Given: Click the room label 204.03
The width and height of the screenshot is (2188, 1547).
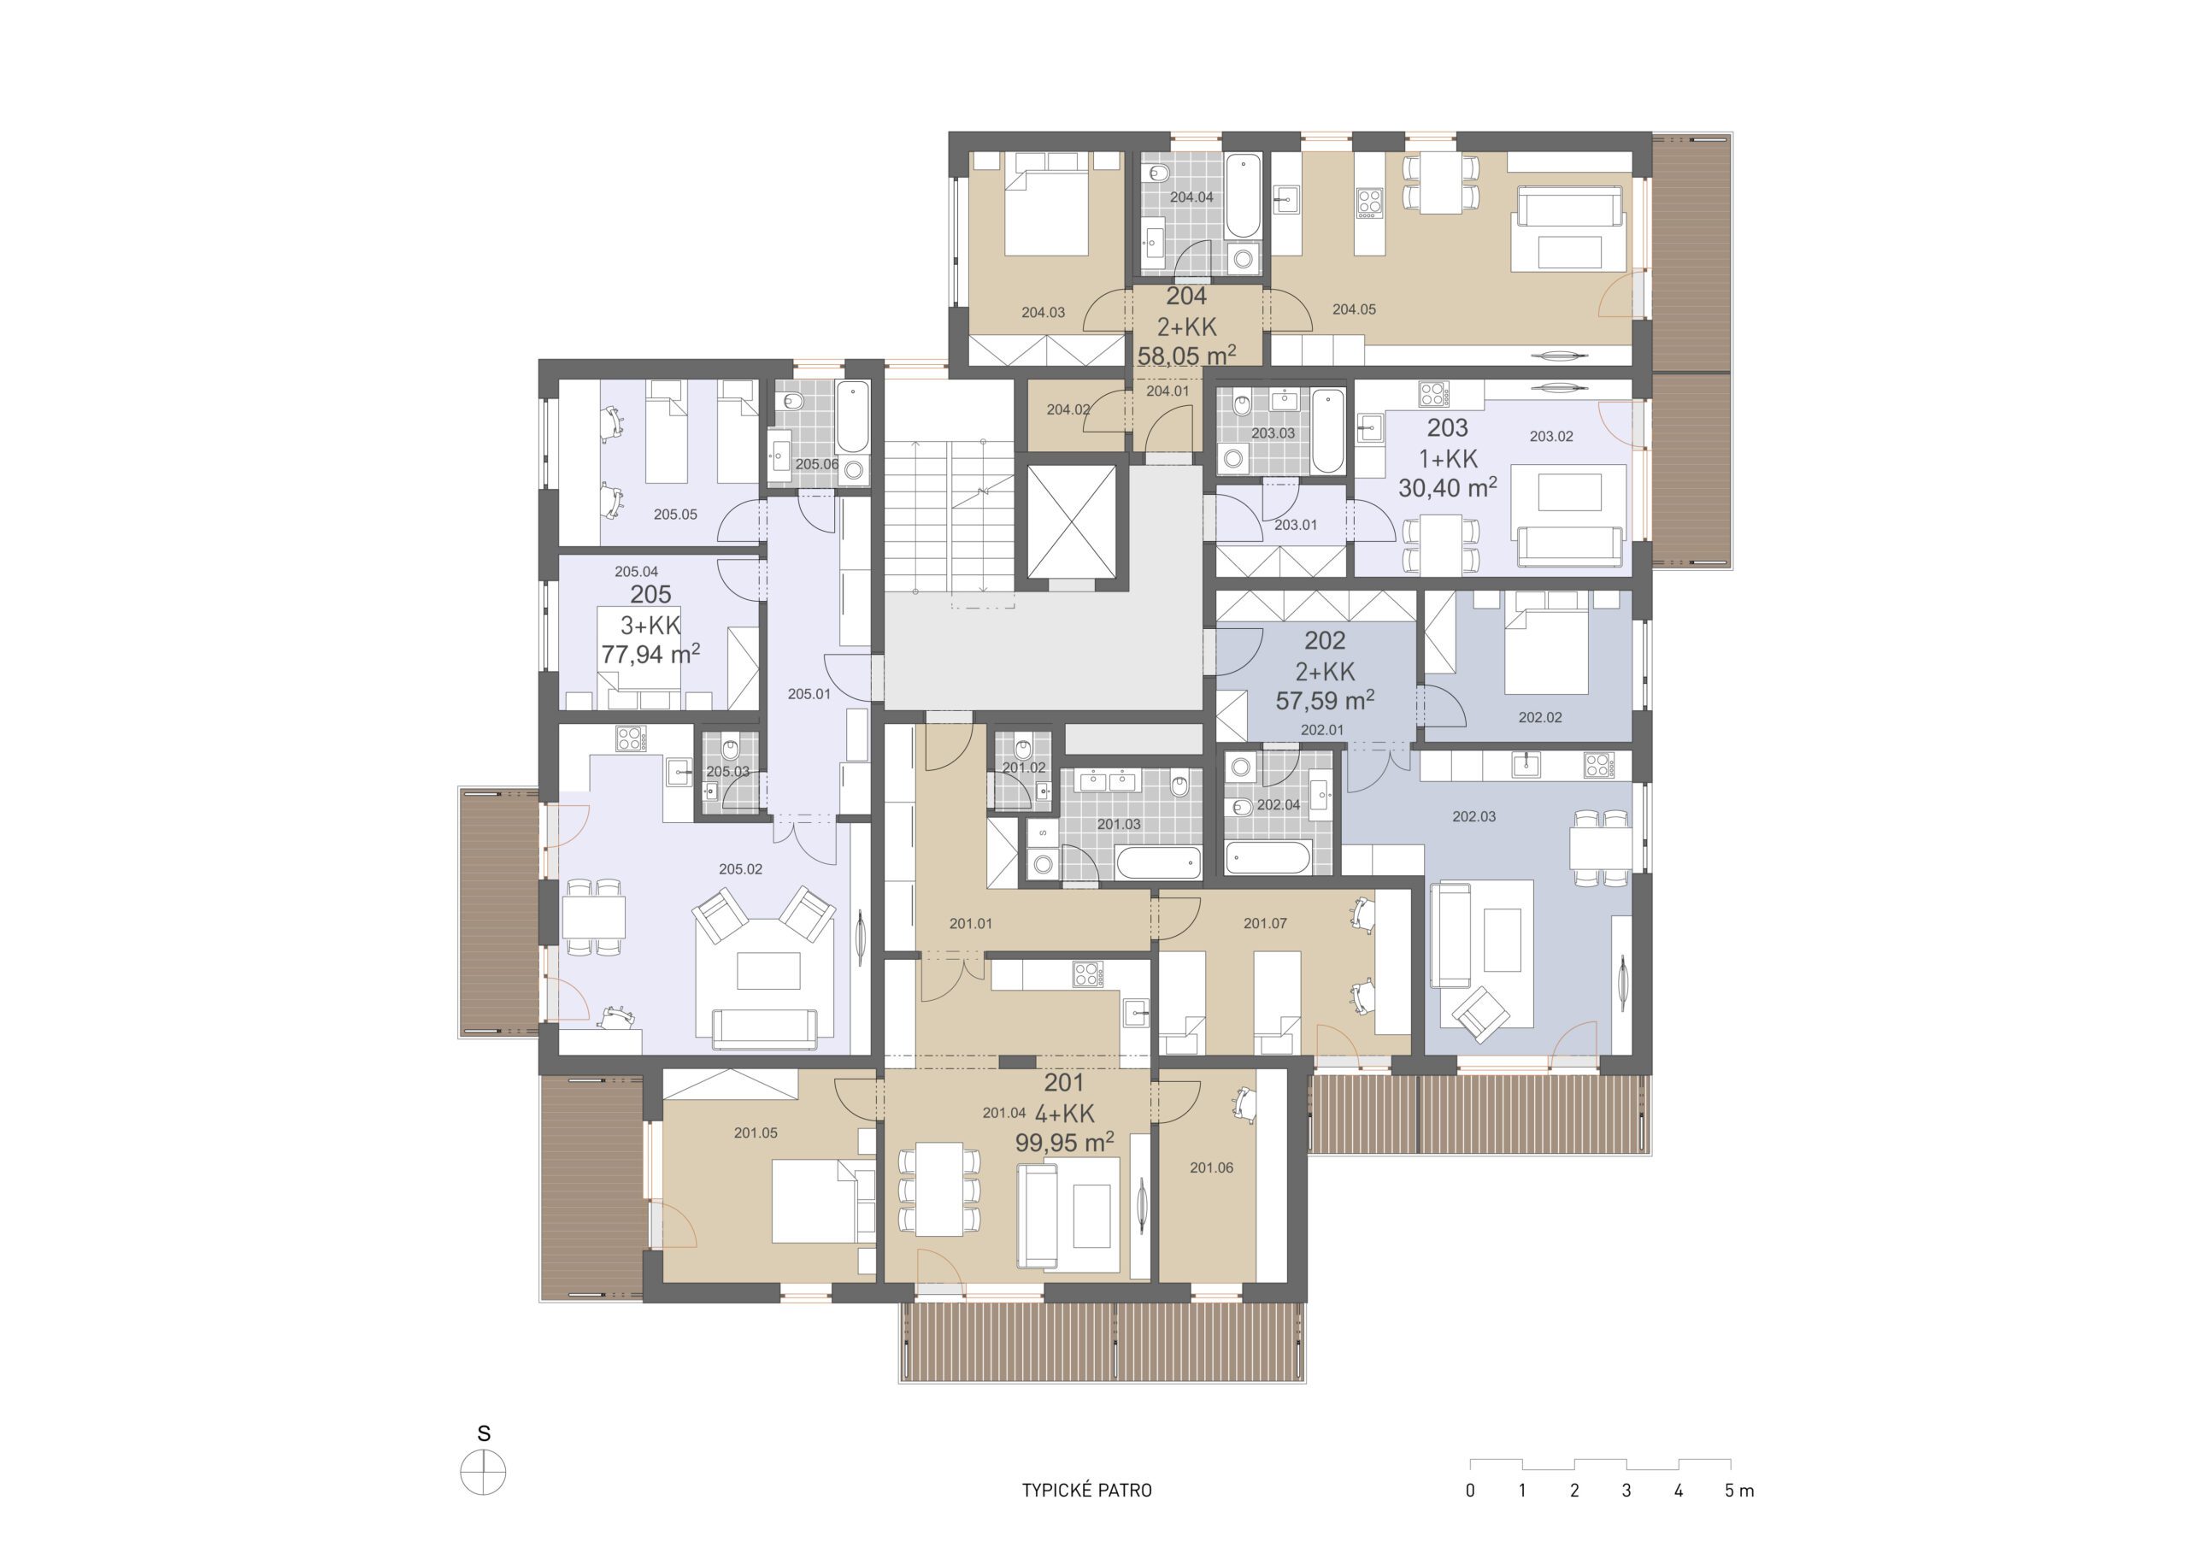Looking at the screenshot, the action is [1043, 313].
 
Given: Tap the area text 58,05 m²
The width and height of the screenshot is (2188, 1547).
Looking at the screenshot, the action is [1186, 356].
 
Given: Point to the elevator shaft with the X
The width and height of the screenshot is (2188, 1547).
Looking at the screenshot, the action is [1071, 522].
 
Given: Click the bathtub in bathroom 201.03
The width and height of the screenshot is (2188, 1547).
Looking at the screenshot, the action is [1158, 863].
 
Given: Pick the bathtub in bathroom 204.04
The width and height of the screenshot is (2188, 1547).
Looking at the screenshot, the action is [1243, 197].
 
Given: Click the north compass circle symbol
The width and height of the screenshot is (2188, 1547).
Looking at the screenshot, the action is [483, 1473].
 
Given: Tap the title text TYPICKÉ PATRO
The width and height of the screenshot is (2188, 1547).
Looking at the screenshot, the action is [1086, 1491].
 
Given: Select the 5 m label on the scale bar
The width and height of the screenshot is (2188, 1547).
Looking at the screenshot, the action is [1739, 1491].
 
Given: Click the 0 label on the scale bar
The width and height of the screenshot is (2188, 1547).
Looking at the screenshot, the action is [1470, 1491].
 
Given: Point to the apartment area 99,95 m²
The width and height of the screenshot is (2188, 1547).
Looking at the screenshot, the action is [1064, 1142].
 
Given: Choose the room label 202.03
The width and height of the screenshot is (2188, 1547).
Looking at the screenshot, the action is [1473, 817].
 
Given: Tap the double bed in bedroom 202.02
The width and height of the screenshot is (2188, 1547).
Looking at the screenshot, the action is [1546, 652].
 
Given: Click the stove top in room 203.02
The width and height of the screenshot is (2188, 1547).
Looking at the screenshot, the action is [1432, 394].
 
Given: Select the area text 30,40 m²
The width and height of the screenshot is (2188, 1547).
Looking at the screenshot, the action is [1447, 488].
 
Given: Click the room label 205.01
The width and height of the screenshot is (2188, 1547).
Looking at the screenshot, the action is [809, 695].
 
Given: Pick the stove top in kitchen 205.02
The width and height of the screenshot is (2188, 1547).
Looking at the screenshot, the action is [630, 738].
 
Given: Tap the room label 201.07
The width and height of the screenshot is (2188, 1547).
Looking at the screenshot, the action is [1265, 924].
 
